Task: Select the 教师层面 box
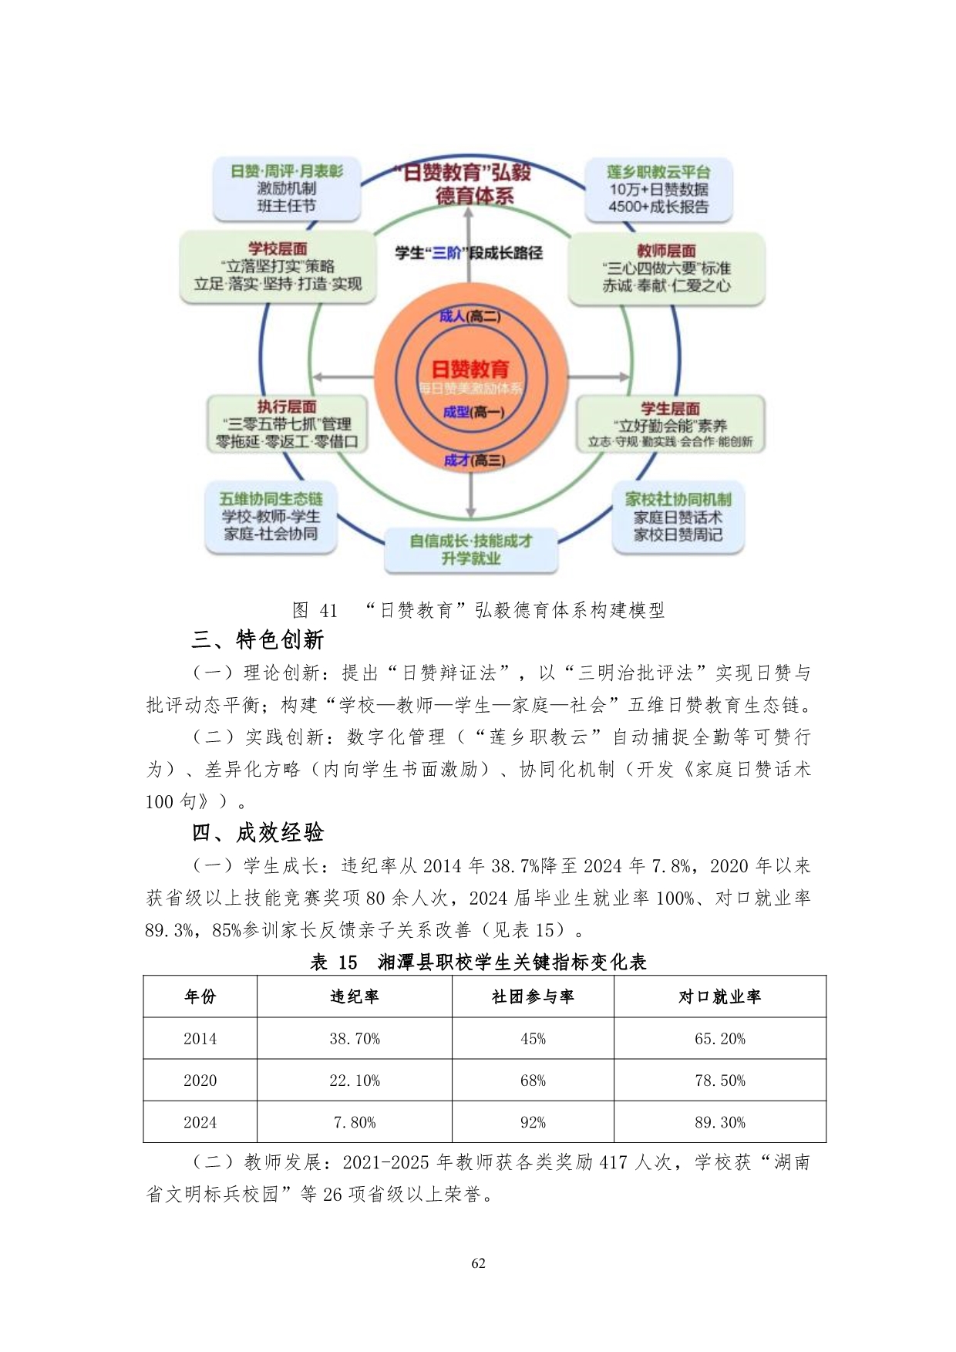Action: (x=666, y=268)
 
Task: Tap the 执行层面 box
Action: (x=286, y=424)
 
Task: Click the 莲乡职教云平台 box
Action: (x=658, y=189)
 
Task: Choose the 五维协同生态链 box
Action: (x=271, y=516)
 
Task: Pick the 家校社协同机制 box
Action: (x=678, y=517)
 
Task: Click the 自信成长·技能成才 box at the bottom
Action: (x=470, y=549)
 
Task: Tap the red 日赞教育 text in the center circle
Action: (x=470, y=369)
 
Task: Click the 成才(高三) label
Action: (x=474, y=460)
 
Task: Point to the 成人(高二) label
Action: (x=470, y=316)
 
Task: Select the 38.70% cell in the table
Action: (x=355, y=1039)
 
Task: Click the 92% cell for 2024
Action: (x=533, y=1122)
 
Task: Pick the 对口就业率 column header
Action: (x=719, y=996)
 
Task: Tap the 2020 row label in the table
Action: (x=200, y=1081)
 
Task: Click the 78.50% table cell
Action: (x=719, y=1081)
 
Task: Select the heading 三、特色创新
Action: (x=258, y=639)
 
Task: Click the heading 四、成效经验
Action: (x=258, y=832)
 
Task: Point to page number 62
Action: (x=478, y=1263)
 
